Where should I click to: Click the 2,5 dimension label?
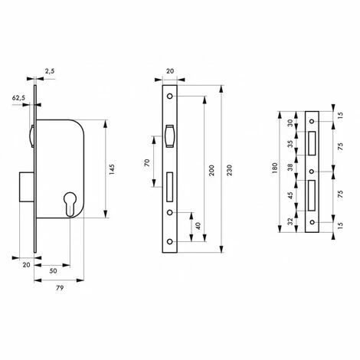[50, 71]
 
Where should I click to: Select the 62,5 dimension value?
[18, 98]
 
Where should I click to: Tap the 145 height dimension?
[112, 169]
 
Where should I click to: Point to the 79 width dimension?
[60, 288]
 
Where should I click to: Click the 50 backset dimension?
[53, 270]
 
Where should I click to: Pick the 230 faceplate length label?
[229, 170]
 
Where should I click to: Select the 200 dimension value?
[211, 170]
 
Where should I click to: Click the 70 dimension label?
[147, 162]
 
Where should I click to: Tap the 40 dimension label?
[198, 226]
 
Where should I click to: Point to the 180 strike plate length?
[275, 169]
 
